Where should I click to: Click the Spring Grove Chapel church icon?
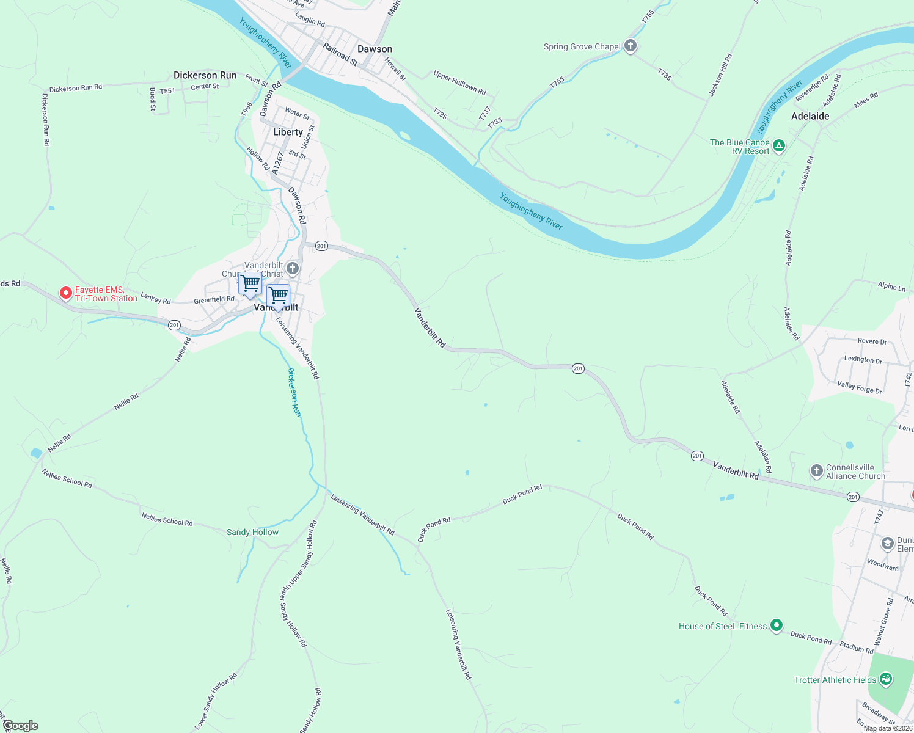point(631,46)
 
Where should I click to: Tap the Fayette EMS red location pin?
point(65,293)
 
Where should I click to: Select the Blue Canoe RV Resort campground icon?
point(778,146)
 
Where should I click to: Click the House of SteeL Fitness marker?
point(776,625)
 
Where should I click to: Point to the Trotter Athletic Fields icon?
point(886,679)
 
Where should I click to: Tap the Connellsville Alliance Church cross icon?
point(817,471)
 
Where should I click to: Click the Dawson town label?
point(375,49)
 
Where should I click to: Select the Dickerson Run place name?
point(205,75)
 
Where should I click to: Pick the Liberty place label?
point(288,132)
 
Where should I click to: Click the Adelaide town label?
point(810,116)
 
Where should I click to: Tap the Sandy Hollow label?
point(252,532)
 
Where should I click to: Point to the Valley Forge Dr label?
point(859,387)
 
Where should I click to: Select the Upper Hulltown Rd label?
point(459,83)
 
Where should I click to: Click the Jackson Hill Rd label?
point(720,75)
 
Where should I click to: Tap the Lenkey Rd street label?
point(156,299)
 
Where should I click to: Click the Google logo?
point(20,726)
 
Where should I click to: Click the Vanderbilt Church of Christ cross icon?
point(293,268)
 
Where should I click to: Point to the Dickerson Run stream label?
point(294,392)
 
